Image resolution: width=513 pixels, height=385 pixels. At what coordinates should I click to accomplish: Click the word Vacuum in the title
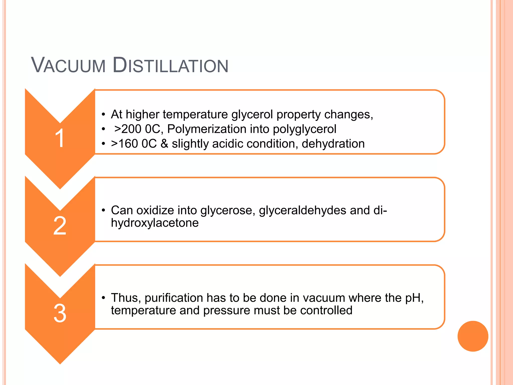coord(68,66)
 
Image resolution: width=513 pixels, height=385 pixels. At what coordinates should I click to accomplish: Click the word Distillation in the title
coord(170,66)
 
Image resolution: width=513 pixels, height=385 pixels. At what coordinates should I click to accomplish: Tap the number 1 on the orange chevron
coord(60,138)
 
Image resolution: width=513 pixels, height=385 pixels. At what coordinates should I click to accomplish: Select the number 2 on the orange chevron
coord(60,226)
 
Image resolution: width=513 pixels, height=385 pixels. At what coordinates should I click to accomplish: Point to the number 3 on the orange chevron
coord(60,313)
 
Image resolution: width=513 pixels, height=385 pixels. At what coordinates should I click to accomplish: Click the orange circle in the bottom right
coord(473,336)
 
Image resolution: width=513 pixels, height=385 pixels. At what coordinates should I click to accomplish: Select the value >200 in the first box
coord(128,129)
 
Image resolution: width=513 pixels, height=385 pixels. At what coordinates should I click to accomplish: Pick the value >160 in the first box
coord(124,144)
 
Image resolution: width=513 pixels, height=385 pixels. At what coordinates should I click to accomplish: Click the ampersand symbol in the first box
coord(164,144)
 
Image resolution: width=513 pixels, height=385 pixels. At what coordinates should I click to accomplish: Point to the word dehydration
coord(333,144)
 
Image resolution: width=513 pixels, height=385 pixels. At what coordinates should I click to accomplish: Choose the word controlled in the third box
coord(326,311)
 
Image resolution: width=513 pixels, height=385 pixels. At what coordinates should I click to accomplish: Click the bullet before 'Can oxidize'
coord(103,210)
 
